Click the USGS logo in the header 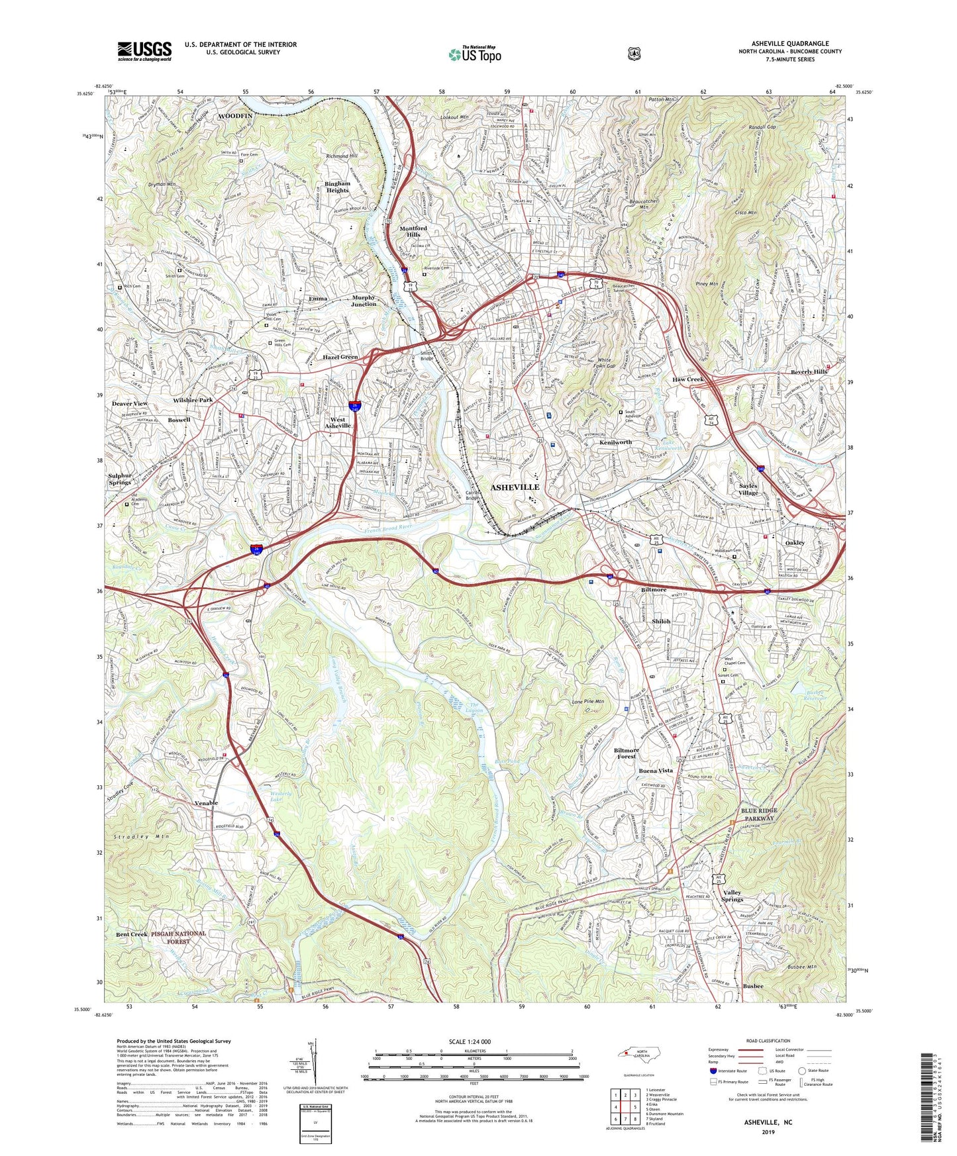(144, 51)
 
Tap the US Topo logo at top (474, 54)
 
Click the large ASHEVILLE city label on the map (515, 487)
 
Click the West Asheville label (338, 422)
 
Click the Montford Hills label (413, 231)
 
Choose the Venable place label (206, 803)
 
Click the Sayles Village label (748, 489)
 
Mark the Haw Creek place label (687, 379)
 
